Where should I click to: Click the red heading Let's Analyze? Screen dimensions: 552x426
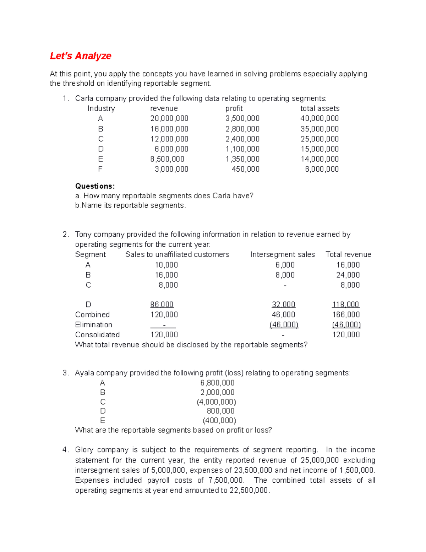click(81, 56)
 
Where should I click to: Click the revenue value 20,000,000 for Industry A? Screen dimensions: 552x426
click(169, 118)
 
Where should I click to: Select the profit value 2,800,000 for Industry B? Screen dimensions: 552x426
click(242, 129)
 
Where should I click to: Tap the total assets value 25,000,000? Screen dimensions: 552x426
click(319, 139)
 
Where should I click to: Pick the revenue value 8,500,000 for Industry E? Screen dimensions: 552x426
click(167, 159)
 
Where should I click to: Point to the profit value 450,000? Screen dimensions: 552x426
click(245, 169)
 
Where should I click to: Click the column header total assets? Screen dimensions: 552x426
click(319, 108)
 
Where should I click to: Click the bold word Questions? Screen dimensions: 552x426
click(95, 186)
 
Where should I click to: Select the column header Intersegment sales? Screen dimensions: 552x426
click(282, 254)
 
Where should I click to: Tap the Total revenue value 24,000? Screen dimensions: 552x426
click(348, 275)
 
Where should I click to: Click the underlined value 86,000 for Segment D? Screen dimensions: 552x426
click(162, 305)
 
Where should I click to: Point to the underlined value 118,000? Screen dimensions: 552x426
click(345, 305)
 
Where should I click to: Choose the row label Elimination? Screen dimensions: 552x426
click(94, 325)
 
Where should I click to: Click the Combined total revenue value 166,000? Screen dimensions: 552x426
click(346, 315)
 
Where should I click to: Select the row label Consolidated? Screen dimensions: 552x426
click(97, 334)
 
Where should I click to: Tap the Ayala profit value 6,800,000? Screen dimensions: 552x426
click(217, 383)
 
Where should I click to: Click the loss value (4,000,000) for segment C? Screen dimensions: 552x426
click(216, 402)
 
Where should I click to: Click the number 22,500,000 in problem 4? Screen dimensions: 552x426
click(248, 490)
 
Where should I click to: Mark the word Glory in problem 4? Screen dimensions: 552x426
click(84, 450)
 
